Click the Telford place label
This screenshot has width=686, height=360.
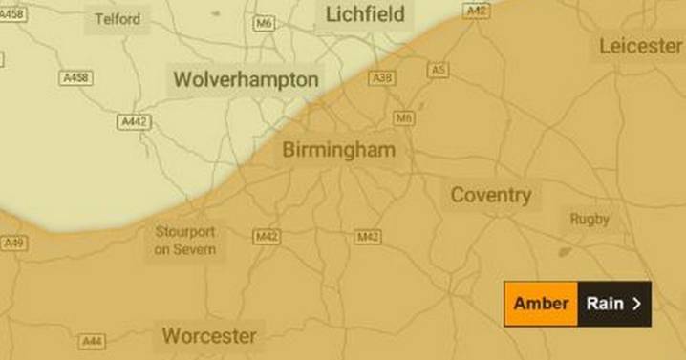[x=118, y=19]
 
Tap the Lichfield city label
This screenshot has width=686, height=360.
[x=365, y=15]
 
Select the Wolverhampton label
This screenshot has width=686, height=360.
[x=245, y=79]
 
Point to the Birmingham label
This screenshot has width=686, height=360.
[x=338, y=150]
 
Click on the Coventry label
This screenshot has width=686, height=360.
[x=490, y=196]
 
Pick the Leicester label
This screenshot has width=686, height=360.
[x=640, y=46]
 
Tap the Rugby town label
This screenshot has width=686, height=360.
[x=590, y=219]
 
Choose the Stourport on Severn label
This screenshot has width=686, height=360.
[x=185, y=241]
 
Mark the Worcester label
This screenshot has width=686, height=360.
[x=209, y=335]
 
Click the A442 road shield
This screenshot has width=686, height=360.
[x=133, y=122]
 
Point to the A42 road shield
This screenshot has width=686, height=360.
[x=476, y=11]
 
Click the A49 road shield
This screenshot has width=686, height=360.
[x=13, y=244]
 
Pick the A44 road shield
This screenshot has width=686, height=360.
[x=92, y=341]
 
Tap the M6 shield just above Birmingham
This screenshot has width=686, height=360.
[x=404, y=117]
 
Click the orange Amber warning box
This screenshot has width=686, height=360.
[x=541, y=304]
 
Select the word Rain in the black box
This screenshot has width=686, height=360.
[x=605, y=304]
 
